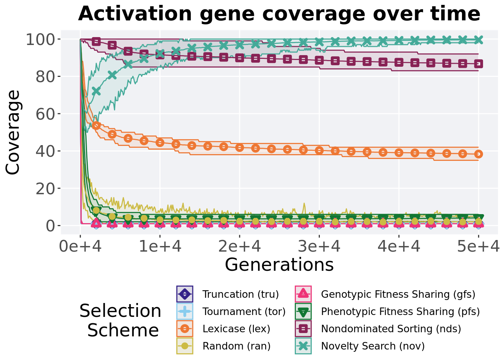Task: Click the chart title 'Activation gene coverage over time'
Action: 279,14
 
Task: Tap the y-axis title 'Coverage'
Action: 13,132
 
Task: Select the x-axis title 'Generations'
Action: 279,265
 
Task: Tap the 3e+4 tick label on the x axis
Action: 319,246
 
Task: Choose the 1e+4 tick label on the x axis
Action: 160,246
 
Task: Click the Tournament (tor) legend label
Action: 244,311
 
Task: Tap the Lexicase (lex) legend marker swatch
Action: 185,328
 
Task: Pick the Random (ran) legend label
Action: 237,346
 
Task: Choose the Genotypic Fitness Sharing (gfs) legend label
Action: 398,294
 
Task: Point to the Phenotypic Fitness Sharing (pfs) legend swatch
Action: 303,311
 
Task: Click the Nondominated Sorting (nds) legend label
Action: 391,328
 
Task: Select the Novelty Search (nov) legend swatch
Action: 303,346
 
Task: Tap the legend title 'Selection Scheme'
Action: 121,320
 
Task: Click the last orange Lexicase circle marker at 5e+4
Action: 478,154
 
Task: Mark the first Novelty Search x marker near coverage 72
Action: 96,91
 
